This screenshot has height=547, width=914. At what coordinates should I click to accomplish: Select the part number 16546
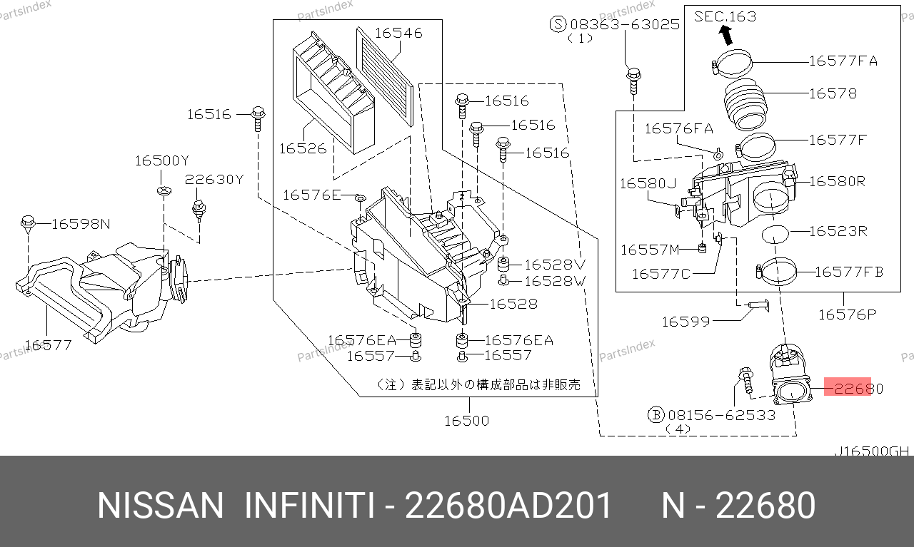coord(398,33)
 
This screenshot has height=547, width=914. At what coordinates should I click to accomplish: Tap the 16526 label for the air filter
coord(302,148)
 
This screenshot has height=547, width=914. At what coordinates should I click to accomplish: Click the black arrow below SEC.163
coord(726,34)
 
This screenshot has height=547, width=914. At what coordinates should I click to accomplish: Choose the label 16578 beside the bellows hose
coord(833,93)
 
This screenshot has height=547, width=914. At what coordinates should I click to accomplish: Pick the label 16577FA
coord(843,61)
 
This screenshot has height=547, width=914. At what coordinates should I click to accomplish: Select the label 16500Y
coord(161,161)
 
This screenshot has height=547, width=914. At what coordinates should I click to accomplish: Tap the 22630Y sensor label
coord(214,180)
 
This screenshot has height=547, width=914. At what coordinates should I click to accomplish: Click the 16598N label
coord(81,225)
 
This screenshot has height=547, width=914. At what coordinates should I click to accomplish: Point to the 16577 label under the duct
coord(49,346)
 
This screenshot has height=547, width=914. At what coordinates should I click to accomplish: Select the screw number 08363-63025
coord(624,24)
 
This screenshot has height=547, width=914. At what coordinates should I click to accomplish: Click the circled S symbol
coord(558,24)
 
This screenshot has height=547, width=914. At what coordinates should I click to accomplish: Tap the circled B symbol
coord(656,414)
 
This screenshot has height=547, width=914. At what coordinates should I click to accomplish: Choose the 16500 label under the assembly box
coord(467,421)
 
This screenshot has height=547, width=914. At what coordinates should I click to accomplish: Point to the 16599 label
coord(685,322)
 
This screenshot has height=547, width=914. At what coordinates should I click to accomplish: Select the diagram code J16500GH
coord(872,451)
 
